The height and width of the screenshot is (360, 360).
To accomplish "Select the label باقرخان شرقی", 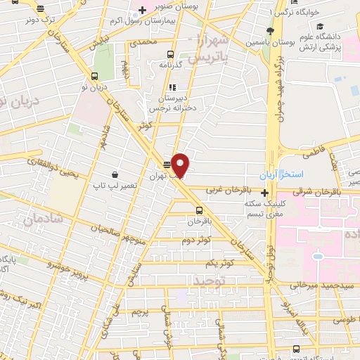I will [x=326, y=190].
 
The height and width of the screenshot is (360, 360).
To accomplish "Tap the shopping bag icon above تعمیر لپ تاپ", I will [x=114, y=174].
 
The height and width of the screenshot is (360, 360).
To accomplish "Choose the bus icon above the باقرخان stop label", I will [x=199, y=210].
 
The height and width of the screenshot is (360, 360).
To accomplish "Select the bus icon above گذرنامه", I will [x=169, y=53].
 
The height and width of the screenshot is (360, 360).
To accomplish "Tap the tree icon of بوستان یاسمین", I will [x=270, y=30].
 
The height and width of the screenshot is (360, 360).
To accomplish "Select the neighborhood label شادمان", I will [x=42, y=219].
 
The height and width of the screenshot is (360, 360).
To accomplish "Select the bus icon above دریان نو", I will [x=94, y=77].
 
